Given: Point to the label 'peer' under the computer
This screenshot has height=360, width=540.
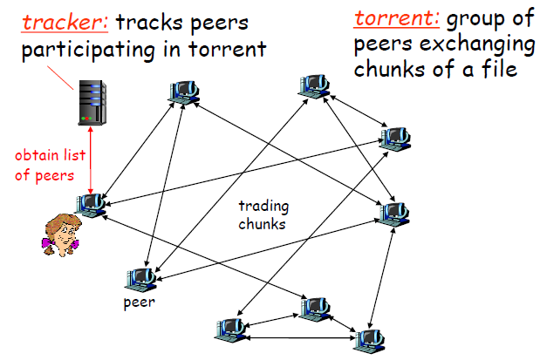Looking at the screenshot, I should pyautogui.click(x=140, y=305).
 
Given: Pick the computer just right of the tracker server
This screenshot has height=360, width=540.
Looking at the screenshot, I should pyautogui.click(x=184, y=92).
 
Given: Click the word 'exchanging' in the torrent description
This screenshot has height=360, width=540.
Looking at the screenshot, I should pyautogui.click(x=467, y=44).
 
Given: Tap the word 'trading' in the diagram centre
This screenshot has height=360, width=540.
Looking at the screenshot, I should pyautogui.click(x=263, y=207).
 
